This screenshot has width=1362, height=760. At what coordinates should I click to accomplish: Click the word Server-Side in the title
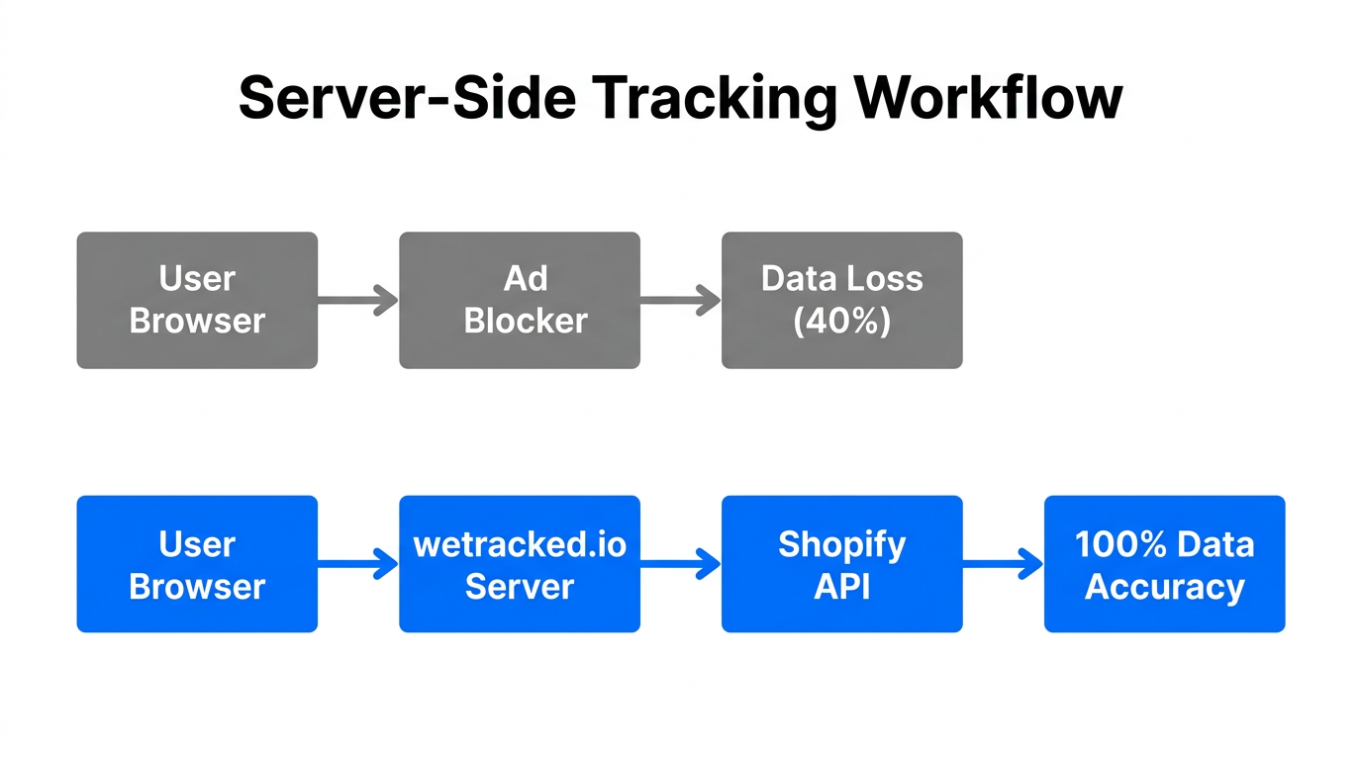tap(399, 98)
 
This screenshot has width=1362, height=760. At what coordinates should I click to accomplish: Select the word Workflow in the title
tap(987, 98)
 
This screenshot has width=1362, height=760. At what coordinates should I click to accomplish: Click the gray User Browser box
tap(197, 300)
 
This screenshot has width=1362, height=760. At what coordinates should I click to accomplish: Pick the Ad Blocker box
tap(520, 300)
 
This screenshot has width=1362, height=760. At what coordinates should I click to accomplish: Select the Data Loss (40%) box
tap(841, 300)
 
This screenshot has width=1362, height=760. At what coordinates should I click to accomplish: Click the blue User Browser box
tap(197, 564)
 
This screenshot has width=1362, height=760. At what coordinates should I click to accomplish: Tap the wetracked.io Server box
tap(520, 564)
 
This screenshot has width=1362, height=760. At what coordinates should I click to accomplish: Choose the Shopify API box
tap(841, 564)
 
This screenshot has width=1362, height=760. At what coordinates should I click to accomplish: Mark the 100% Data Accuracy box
tap(1164, 564)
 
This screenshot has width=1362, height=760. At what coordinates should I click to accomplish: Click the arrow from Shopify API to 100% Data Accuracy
tap(1003, 564)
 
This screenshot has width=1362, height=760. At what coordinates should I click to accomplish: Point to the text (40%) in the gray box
tap(842, 322)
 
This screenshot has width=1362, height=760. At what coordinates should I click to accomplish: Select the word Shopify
tap(841, 544)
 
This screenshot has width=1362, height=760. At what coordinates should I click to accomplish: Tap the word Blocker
tap(526, 322)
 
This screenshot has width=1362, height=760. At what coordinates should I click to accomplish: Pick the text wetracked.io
tap(520, 544)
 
